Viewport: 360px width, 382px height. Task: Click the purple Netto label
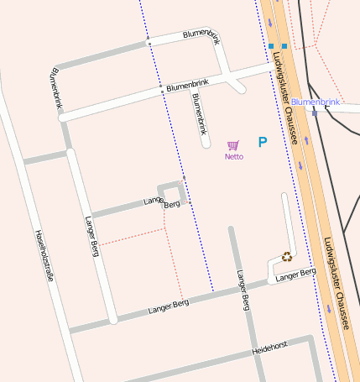234,156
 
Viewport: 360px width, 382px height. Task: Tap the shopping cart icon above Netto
233,145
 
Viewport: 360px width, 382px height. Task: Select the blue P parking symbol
263,143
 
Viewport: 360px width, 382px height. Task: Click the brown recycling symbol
287,257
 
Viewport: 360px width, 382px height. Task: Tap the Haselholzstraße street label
44,256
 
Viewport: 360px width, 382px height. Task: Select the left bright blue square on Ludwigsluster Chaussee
272,45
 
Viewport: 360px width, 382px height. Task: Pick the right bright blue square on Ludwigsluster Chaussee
284,45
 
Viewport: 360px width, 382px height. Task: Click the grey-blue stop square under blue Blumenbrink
314,112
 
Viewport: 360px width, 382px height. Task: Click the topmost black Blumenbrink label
203,34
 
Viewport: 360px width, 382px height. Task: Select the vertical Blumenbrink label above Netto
199,113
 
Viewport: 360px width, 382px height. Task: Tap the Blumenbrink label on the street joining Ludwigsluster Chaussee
187,85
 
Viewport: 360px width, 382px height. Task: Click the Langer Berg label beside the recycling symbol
295,275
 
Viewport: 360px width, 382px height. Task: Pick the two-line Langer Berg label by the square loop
163,202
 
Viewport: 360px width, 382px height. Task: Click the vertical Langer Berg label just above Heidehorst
243,290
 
